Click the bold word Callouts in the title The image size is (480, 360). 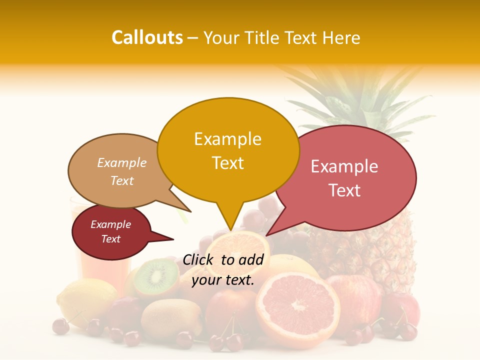pos(147,37)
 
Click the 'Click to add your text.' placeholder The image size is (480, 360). pos(223,270)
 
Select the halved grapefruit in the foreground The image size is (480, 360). pos(297,305)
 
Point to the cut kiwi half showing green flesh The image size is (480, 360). pos(156,277)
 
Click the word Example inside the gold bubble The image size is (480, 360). pos(227,139)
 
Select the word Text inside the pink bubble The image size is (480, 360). pos(345,190)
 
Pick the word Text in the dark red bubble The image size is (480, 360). pos(111,239)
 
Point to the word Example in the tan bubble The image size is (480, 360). pos(121,162)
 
